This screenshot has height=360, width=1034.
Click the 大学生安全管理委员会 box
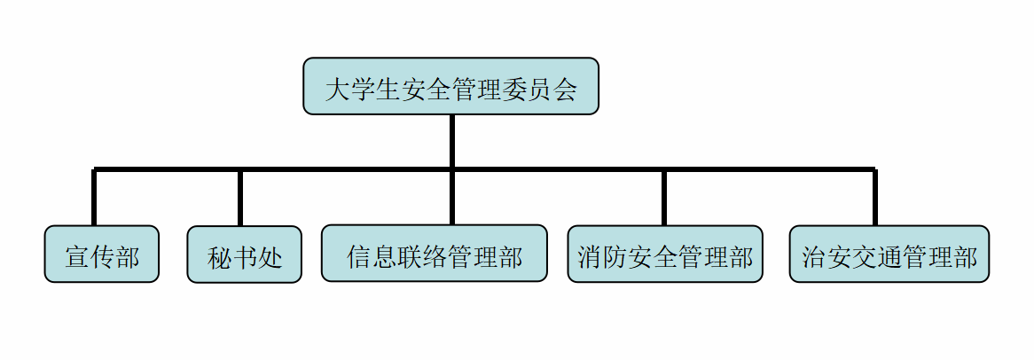pyautogui.click(x=450, y=86)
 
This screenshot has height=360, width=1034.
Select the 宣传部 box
pyautogui.click(x=102, y=254)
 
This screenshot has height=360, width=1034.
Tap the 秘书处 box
pyautogui.click(x=244, y=255)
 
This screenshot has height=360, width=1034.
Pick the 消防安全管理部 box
pyautogui.click(x=664, y=254)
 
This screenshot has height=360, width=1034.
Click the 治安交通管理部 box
pyautogui.click(x=889, y=254)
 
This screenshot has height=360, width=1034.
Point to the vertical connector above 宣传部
pyautogui.click(x=93, y=197)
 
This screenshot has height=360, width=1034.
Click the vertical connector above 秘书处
pyautogui.click(x=240, y=197)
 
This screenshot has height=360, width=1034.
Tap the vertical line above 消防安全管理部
pyautogui.click(x=664, y=197)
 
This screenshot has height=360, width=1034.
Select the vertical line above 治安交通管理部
pyautogui.click(x=875, y=197)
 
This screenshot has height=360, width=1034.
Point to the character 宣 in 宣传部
pyautogui.click(x=77, y=258)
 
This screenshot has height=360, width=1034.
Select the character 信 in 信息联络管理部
pyautogui.click(x=359, y=258)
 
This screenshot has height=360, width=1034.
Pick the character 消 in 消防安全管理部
pyautogui.click(x=590, y=258)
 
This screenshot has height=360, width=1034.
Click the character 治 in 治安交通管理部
pyautogui.click(x=813, y=258)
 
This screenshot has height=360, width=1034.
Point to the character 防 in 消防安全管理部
pyautogui.click(x=615, y=258)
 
